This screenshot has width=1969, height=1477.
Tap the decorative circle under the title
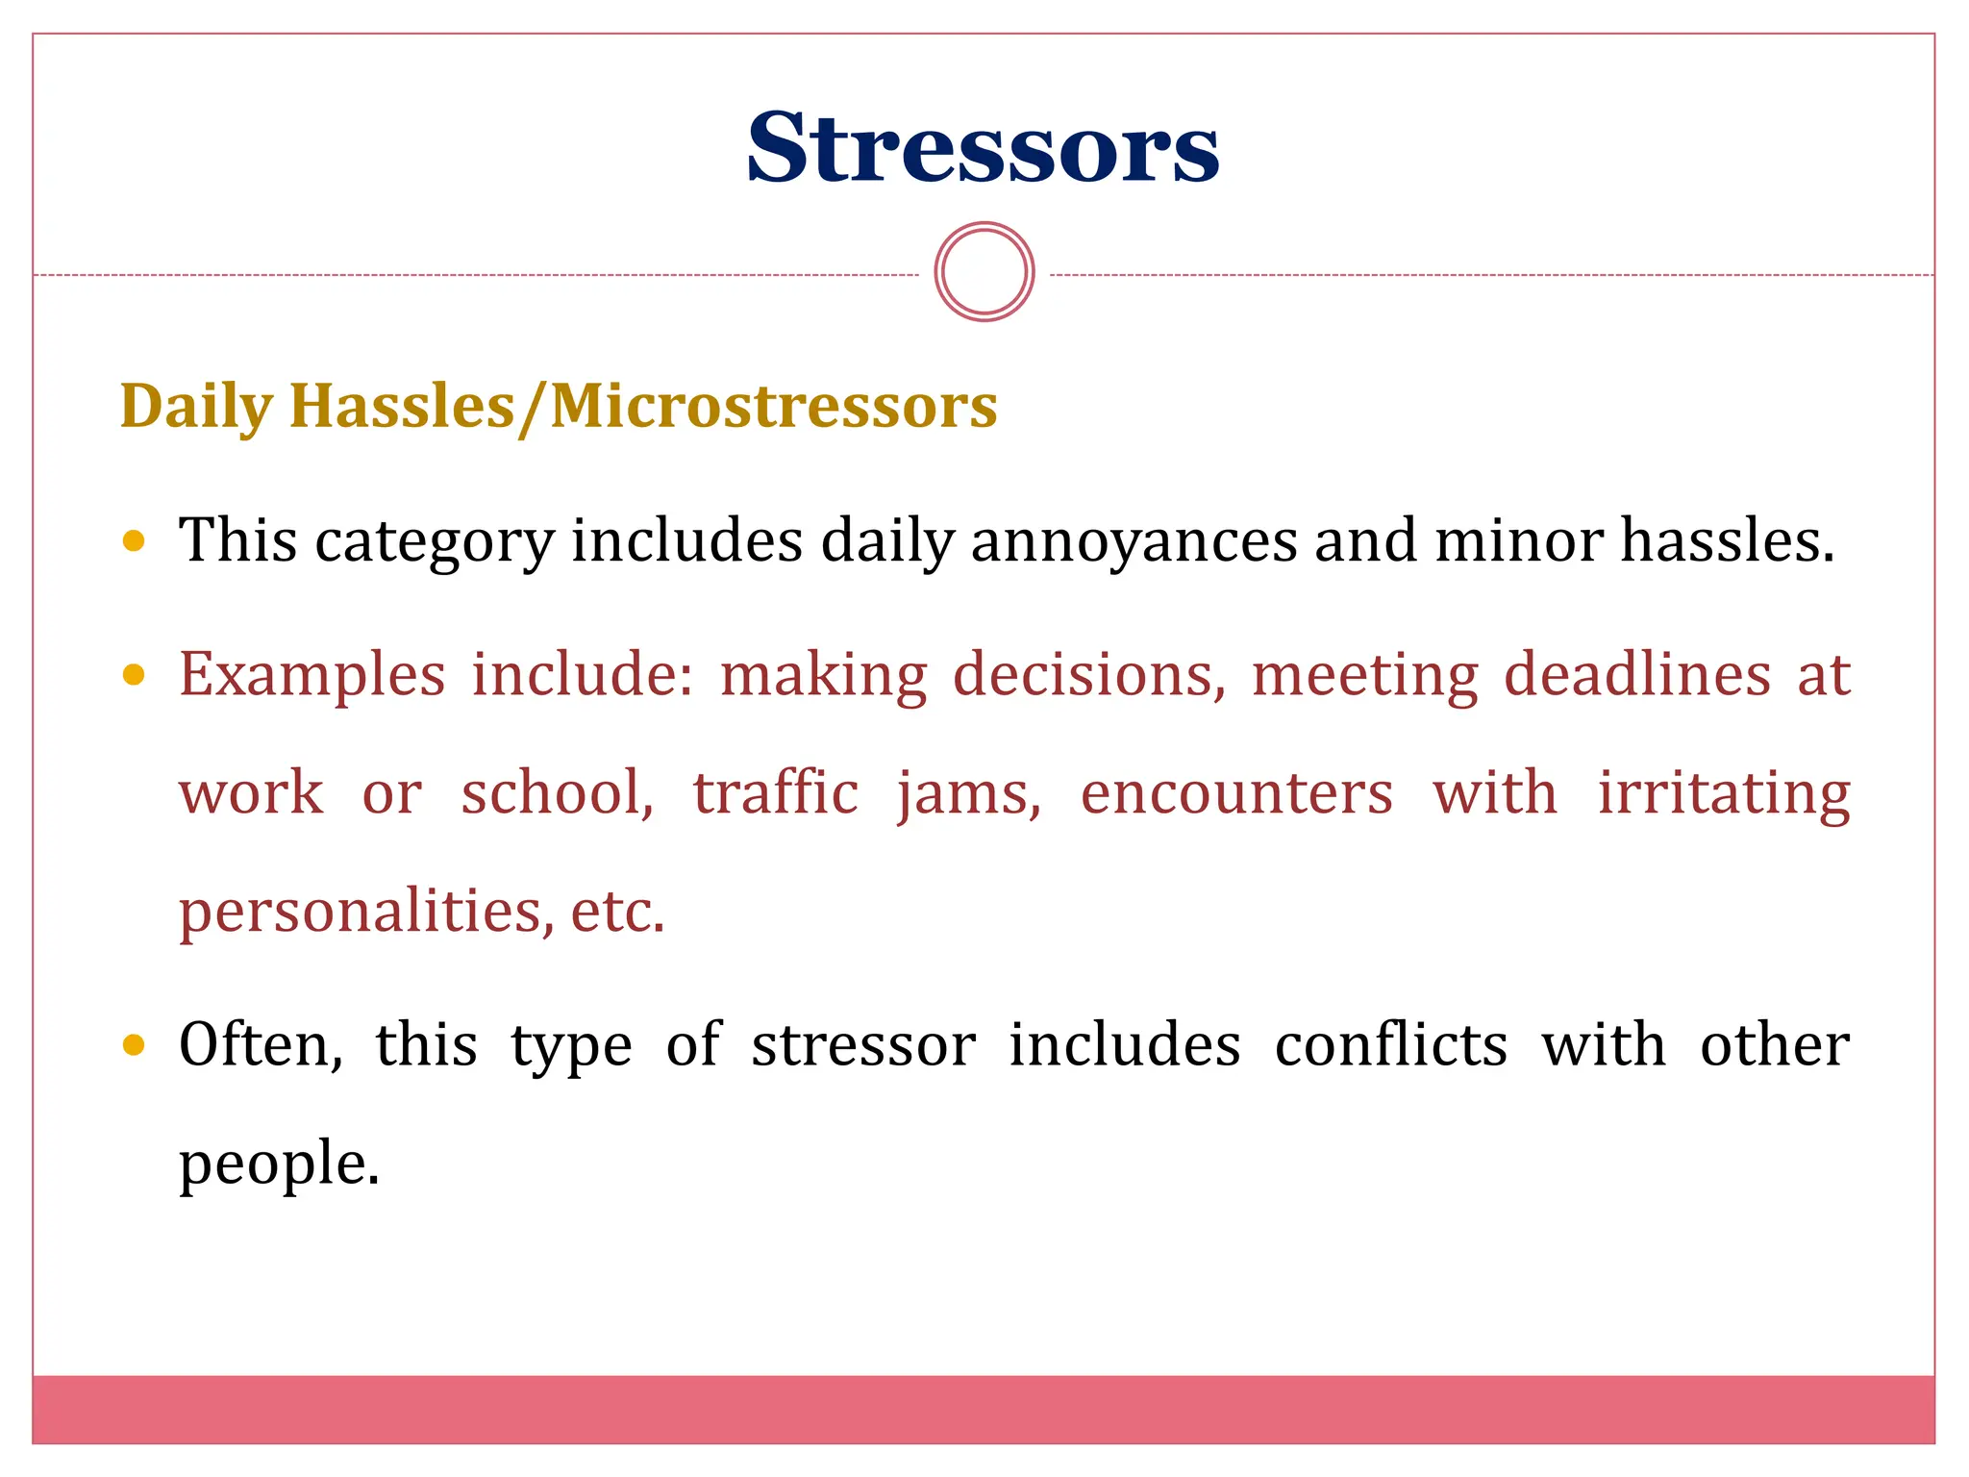click(x=984, y=272)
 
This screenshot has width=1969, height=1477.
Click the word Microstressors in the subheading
click(x=773, y=406)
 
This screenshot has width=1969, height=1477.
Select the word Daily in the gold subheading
click(x=197, y=406)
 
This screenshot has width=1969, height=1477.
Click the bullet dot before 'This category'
click(x=135, y=540)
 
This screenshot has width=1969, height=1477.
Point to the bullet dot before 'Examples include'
click(x=135, y=675)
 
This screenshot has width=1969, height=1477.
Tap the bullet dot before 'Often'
click(x=135, y=1044)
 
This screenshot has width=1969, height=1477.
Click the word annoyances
click(x=1134, y=540)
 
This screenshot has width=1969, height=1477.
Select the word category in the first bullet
click(x=435, y=540)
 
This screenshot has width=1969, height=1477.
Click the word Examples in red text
click(x=312, y=675)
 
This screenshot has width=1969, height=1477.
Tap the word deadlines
click(x=1637, y=675)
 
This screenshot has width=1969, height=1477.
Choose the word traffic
click(x=775, y=794)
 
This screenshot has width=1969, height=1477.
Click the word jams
click(x=968, y=794)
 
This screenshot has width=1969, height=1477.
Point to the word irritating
click(x=1724, y=794)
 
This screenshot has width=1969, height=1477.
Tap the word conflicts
click(x=1390, y=1044)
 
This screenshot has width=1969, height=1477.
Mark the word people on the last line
click(x=279, y=1164)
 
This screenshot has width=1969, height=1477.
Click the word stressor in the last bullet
click(x=863, y=1044)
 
